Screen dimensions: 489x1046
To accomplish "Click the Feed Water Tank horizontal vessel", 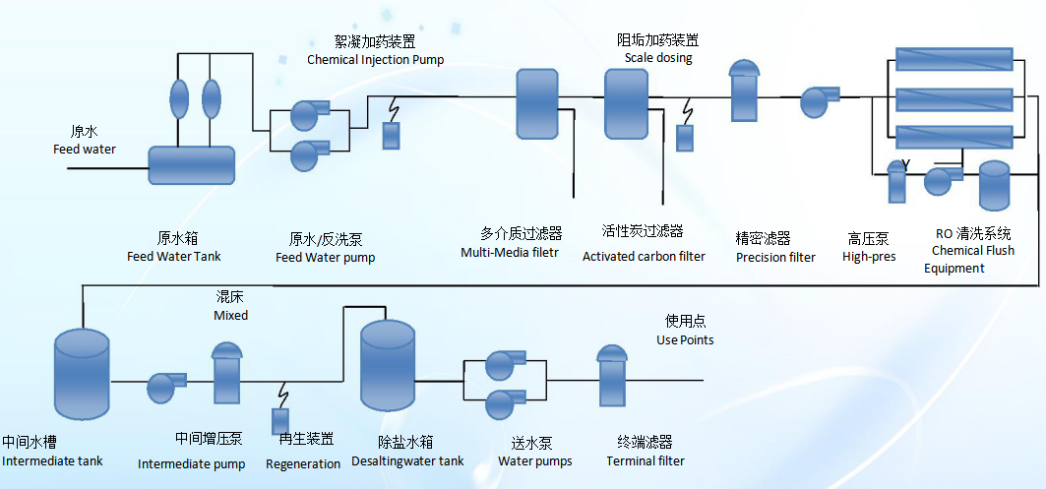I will click(191, 165).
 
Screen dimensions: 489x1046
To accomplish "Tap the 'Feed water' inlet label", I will click(85, 150).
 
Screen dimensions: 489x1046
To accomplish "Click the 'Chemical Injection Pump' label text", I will click(375, 60).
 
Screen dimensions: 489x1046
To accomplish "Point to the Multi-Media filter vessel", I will click(536, 103).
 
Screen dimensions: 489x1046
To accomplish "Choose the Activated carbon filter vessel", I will click(626, 103).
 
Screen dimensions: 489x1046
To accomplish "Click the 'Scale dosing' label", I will click(658, 58).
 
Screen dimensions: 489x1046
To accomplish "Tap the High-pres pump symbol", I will click(817, 100).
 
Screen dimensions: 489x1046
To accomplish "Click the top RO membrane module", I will click(954, 59).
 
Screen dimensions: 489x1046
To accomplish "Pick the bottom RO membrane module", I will click(954, 137).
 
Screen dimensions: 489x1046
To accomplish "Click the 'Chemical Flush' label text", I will click(973, 251).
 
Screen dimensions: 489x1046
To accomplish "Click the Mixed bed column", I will click(226, 374).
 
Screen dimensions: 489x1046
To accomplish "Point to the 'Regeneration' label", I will click(303, 463).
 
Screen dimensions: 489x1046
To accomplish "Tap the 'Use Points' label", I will click(685, 340).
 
